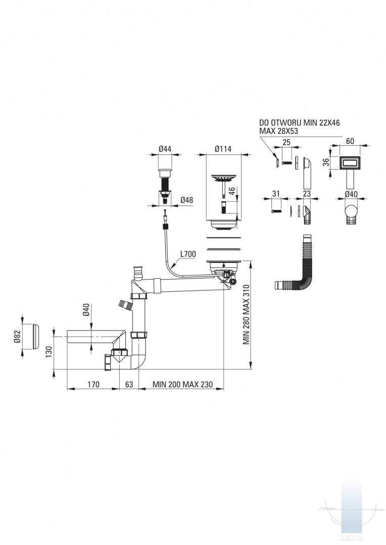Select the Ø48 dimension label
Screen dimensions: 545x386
187,200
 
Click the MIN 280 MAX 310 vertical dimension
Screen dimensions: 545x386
247,314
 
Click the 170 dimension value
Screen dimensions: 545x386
93,385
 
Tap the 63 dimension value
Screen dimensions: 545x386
129,385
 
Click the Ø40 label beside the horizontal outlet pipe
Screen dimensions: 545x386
86,309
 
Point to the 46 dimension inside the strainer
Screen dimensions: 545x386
232,192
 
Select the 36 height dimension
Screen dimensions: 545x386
326,162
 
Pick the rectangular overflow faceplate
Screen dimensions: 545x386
349,162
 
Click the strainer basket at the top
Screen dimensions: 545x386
222,179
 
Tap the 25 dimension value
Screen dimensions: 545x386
286,143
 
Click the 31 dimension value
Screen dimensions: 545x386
276,194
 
